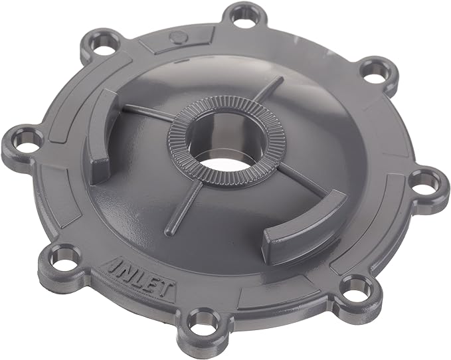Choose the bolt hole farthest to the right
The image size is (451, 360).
pos(422,180)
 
